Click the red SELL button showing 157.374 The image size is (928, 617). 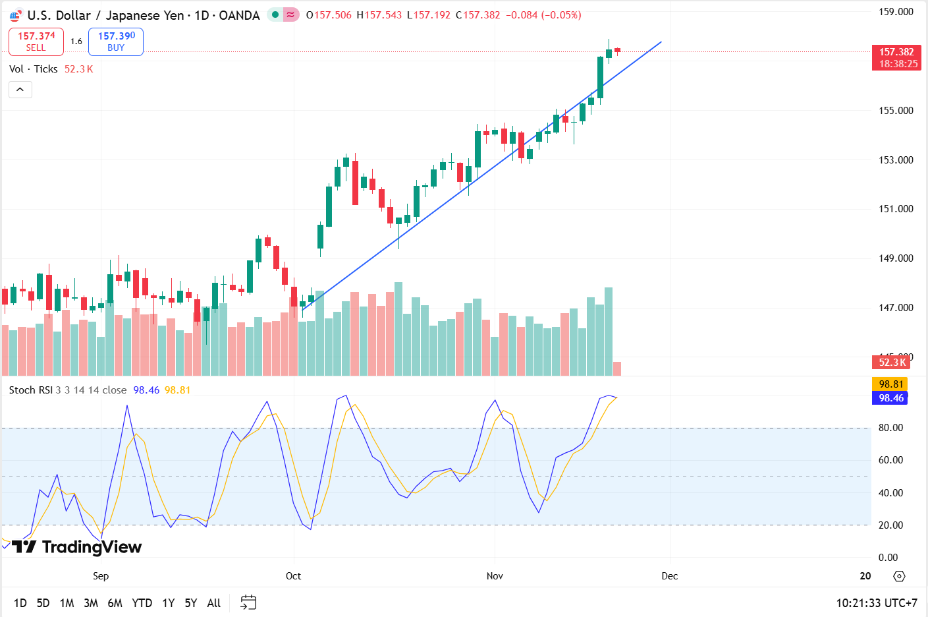pyautogui.click(x=36, y=42)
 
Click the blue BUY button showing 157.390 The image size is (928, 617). pyautogui.click(x=116, y=42)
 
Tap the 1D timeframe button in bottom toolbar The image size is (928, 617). pyautogui.click(x=20, y=602)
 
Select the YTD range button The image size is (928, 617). pyautogui.click(x=142, y=602)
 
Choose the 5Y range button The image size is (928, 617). pyautogui.click(x=190, y=602)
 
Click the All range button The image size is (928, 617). pyautogui.click(x=213, y=602)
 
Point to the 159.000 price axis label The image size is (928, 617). pyautogui.click(x=896, y=12)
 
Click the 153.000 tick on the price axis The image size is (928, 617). pyautogui.click(x=896, y=160)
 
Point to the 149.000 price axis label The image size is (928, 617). pyautogui.click(x=896, y=258)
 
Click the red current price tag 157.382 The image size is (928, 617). pyautogui.click(x=896, y=52)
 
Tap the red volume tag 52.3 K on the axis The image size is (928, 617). pyautogui.click(x=892, y=362)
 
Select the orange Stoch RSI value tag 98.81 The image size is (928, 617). pyautogui.click(x=890, y=384)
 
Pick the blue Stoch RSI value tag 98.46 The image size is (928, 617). pyautogui.click(x=890, y=398)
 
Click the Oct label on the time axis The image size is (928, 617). pyautogui.click(x=293, y=575)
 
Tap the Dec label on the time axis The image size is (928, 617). pyautogui.click(x=669, y=575)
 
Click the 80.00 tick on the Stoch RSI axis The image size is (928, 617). pyautogui.click(x=890, y=427)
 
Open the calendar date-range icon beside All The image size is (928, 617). pyautogui.click(x=248, y=602)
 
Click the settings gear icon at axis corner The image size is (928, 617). pyautogui.click(x=899, y=576)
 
